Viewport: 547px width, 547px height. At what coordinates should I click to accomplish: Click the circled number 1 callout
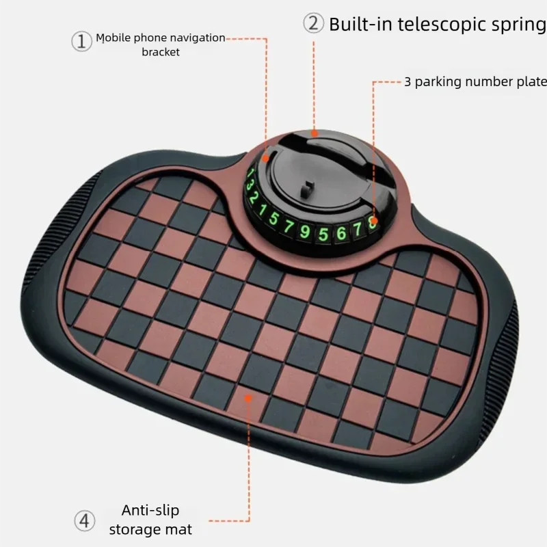pyautogui.click(x=81, y=41)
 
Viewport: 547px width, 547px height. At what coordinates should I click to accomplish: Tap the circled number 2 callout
pyautogui.click(x=313, y=23)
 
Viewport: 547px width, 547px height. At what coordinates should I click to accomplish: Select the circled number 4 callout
pyautogui.click(x=84, y=521)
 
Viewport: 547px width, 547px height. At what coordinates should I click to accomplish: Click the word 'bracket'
pyautogui.click(x=161, y=52)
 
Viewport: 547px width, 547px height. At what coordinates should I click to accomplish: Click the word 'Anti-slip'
pyautogui.click(x=150, y=510)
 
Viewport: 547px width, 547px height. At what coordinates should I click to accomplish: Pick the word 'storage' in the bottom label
pyautogui.click(x=134, y=529)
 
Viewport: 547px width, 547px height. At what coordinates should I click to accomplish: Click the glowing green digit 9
pyautogui.click(x=305, y=231)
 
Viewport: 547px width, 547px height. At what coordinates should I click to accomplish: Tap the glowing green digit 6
pyautogui.click(x=341, y=233)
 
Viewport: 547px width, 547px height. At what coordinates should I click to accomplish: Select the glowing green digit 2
pyautogui.click(x=254, y=198)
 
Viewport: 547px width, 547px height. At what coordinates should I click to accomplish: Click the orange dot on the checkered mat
pyautogui.click(x=248, y=398)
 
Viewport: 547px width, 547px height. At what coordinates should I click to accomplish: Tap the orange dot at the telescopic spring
pyautogui.click(x=315, y=133)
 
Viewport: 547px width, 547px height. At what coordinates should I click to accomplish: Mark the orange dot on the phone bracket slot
pyautogui.click(x=265, y=159)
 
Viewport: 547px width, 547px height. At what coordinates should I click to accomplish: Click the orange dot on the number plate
pyautogui.click(x=373, y=221)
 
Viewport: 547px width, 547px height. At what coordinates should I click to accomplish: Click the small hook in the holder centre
pyautogui.click(x=307, y=187)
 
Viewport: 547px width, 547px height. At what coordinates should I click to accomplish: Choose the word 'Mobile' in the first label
pyautogui.click(x=114, y=38)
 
